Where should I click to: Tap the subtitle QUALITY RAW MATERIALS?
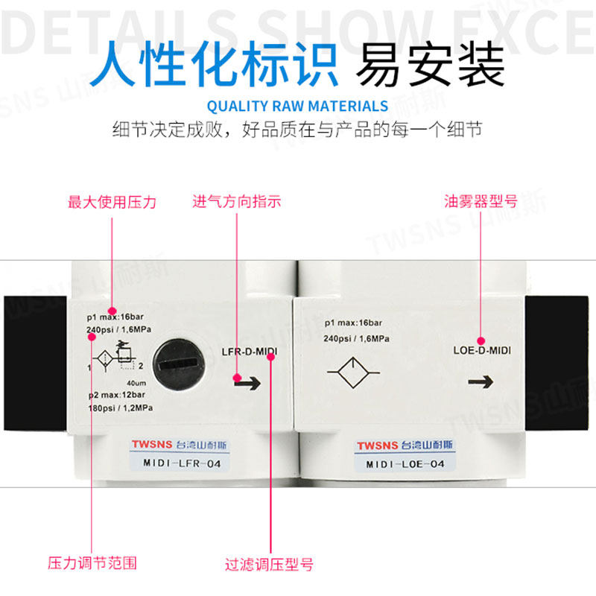[297, 106]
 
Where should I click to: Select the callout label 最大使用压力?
[112, 202]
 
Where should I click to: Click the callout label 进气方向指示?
[237, 202]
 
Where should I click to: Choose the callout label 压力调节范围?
[92, 562]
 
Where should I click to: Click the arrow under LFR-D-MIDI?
[247, 382]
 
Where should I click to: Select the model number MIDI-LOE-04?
[405, 464]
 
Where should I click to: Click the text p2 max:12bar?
[119, 396]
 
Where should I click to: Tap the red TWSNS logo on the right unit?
[376, 446]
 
